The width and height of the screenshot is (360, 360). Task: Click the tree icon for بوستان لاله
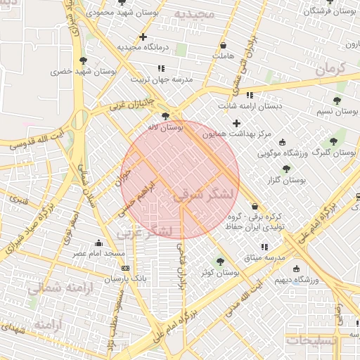tap(165, 116)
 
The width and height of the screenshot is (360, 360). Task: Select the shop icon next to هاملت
tap(223, 44)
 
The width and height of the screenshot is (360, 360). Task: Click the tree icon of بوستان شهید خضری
tap(84, 61)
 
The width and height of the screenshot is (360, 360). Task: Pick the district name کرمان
tap(331, 68)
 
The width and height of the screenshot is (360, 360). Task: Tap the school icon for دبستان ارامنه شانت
tap(249, 95)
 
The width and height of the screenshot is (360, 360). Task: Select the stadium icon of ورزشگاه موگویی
tap(283, 142)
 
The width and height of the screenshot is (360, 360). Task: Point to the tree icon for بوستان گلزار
tap(286, 169)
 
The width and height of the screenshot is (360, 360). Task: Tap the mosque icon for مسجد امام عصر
tap(98, 243)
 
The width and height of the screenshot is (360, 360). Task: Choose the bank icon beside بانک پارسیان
tap(126, 268)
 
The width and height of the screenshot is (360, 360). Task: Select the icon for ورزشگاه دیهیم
tap(295, 268)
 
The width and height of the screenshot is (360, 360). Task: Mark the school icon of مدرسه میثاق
tap(264, 247)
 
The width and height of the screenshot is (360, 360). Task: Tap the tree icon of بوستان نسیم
tap(337, 101)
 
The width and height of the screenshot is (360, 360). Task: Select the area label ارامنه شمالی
tap(53, 288)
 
